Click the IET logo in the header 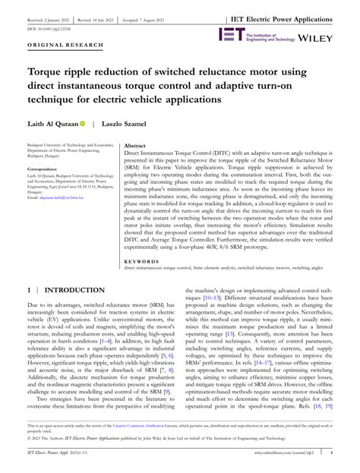pos(232,34)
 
